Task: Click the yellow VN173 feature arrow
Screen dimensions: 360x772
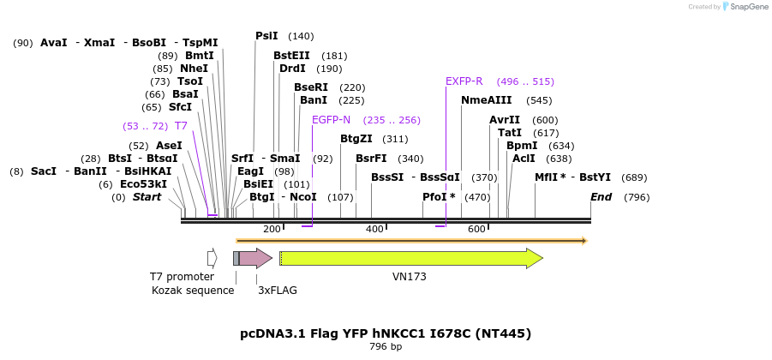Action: (x=410, y=258)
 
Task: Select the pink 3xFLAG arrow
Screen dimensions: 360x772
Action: (x=255, y=258)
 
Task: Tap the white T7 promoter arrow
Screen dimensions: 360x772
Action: (x=212, y=258)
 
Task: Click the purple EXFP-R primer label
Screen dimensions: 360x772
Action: (x=464, y=81)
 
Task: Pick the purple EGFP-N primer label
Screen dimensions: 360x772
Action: (x=331, y=120)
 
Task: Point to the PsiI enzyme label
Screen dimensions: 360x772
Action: (x=266, y=36)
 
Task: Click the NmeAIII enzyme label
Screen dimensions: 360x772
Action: (x=486, y=100)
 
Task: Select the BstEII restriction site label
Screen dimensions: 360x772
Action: (x=290, y=56)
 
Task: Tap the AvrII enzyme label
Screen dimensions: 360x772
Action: (x=505, y=120)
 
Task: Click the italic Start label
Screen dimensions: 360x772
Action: (x=147, y=197)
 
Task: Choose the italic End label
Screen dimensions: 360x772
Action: (x=601, y=197)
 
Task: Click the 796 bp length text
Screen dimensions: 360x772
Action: (x=386, y=347)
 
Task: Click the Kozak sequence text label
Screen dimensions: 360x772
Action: (x=193, y=291)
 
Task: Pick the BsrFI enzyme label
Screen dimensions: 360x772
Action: (x=371, y=159)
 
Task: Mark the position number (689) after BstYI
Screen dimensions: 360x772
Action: (x=634, y=177)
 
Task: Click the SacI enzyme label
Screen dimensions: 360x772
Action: (x=44, y=171)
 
